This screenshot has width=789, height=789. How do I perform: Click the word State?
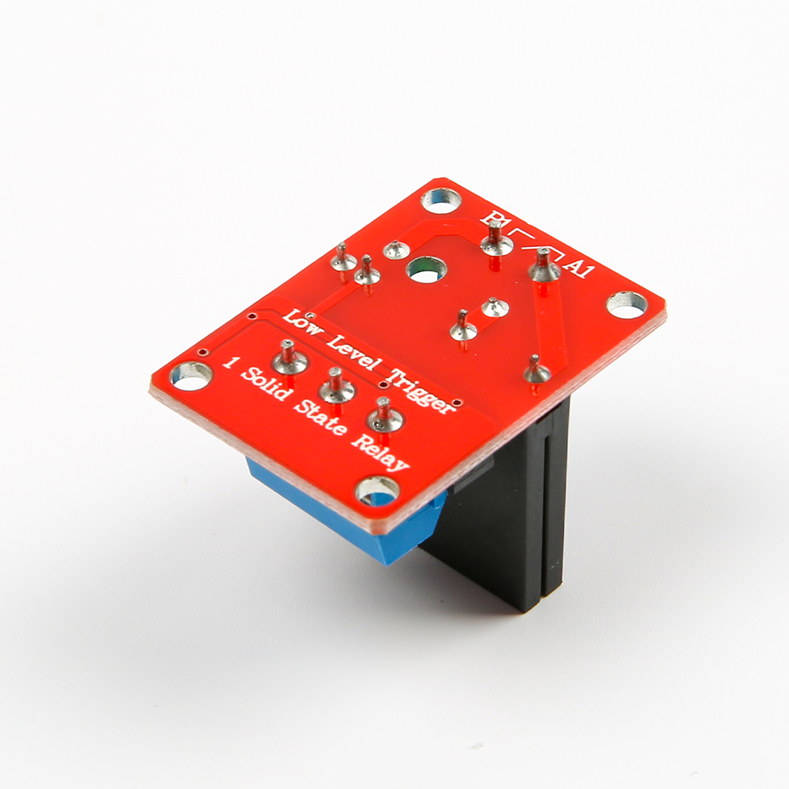tap(319, 419)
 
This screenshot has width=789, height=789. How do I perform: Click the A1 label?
tap(580, 267)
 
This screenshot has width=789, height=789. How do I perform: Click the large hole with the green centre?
tap(425, 270)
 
